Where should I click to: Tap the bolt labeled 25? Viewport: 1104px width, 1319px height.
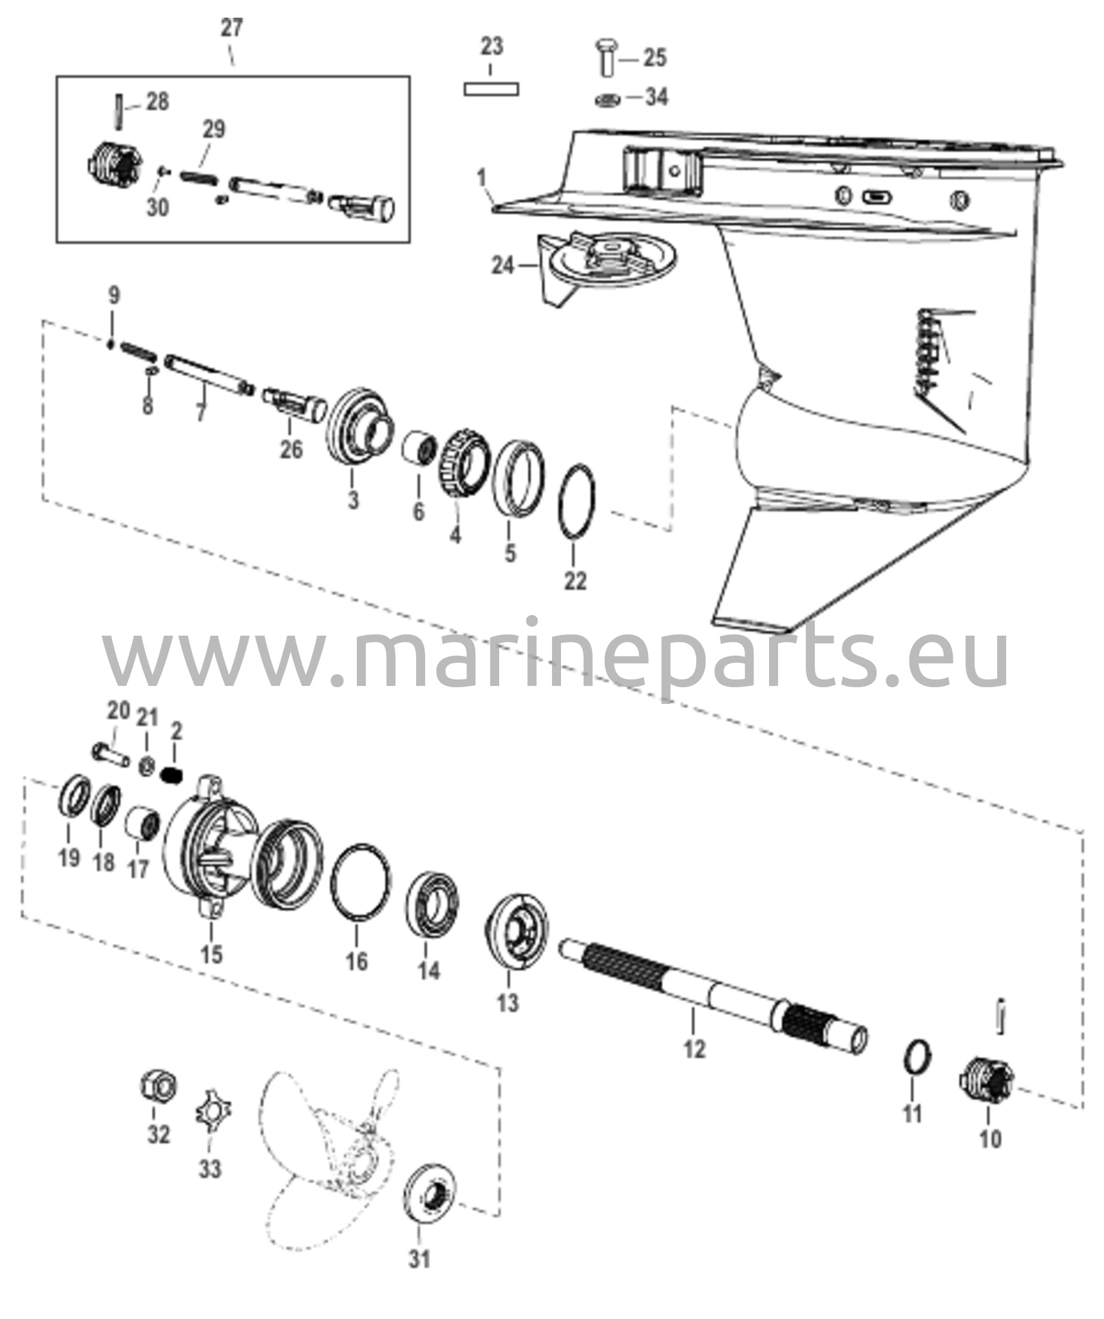[x=606, y=57]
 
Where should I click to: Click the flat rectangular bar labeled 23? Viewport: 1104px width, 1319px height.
[x=491, y=89]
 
